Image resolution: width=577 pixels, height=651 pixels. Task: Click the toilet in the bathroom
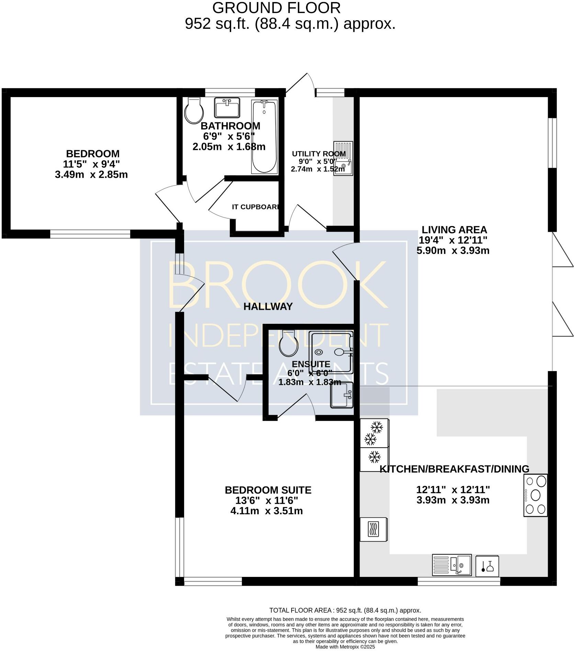194,110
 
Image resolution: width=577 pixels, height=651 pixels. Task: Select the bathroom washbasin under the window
227,107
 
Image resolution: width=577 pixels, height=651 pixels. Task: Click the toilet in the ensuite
288,343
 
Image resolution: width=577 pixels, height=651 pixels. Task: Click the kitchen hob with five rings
535,495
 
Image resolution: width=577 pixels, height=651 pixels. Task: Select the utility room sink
343,158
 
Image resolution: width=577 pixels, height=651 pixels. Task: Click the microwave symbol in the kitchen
374,529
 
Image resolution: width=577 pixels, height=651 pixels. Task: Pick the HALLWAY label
268,307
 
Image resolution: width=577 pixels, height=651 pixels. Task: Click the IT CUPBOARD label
256,207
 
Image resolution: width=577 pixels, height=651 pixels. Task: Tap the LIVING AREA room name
454,229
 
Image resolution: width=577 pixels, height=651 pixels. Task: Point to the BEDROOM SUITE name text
268,490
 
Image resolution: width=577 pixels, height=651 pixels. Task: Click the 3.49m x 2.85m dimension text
91,175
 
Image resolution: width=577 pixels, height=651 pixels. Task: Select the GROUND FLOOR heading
276,8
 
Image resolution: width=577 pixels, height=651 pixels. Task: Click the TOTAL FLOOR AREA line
345,610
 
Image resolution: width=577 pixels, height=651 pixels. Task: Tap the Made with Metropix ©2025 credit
345,647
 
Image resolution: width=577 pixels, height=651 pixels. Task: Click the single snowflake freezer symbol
374,457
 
